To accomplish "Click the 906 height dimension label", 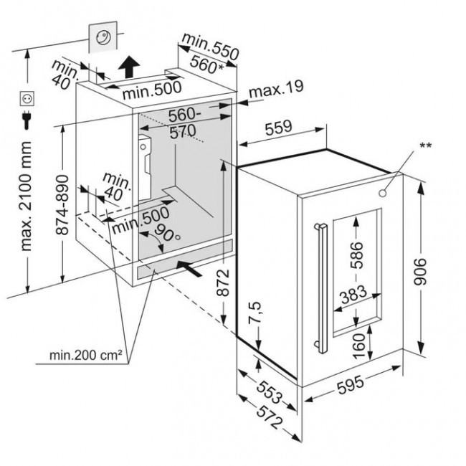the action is [420, 272].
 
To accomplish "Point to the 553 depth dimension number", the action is [270, 392].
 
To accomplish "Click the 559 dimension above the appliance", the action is [278, 128].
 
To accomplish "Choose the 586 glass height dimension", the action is [356, 255].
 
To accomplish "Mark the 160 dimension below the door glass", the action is [359, 346].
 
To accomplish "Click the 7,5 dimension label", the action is [255, 313].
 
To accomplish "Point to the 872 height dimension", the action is [223, 282].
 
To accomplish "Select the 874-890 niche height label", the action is [62, 205].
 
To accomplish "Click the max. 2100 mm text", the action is [25, 196].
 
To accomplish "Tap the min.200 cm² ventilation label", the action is [85, 355].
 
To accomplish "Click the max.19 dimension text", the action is [277, 89].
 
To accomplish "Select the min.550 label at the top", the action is [210, 47].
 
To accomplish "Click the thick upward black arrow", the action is [129, 67].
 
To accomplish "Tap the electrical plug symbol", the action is [27, 120].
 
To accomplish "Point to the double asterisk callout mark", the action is [425, 146].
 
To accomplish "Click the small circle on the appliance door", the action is [383, 193].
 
